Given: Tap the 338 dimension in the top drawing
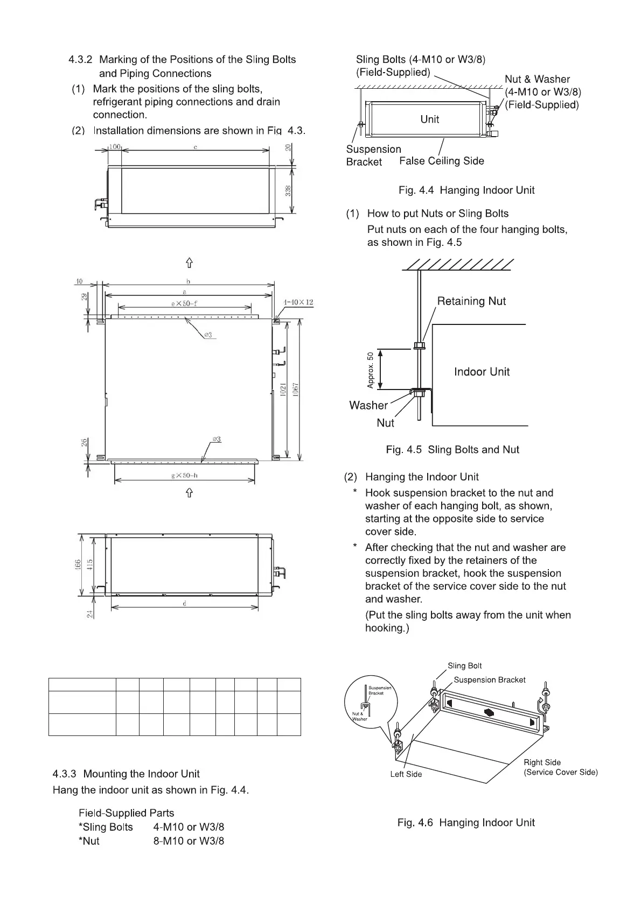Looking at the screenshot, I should pyautogui.click(x=289, y=190).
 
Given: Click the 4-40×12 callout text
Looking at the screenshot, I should pyautogui.click(x=298, y=302).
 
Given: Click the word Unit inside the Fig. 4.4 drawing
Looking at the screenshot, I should pyautogui.click(x=429, y=119).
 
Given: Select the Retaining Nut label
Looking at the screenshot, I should pyautogui.click(x=471, y=301).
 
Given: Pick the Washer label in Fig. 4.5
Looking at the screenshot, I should pyautogui.click(x=368, y=405).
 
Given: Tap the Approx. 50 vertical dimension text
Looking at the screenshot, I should pyautogui.click(x=370, y=370).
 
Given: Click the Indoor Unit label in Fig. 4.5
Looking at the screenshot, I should pyautogui.click(x=482, y=372).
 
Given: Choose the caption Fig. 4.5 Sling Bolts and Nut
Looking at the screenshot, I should pyautogui.click(x=452, y=450).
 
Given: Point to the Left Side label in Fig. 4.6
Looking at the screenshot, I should pyautogui.click(x=406, y=774).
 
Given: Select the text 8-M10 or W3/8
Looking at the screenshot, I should pyautogui.click(x=189, y=841).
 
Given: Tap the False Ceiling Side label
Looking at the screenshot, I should pyautogui.click(x=442, y=161).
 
